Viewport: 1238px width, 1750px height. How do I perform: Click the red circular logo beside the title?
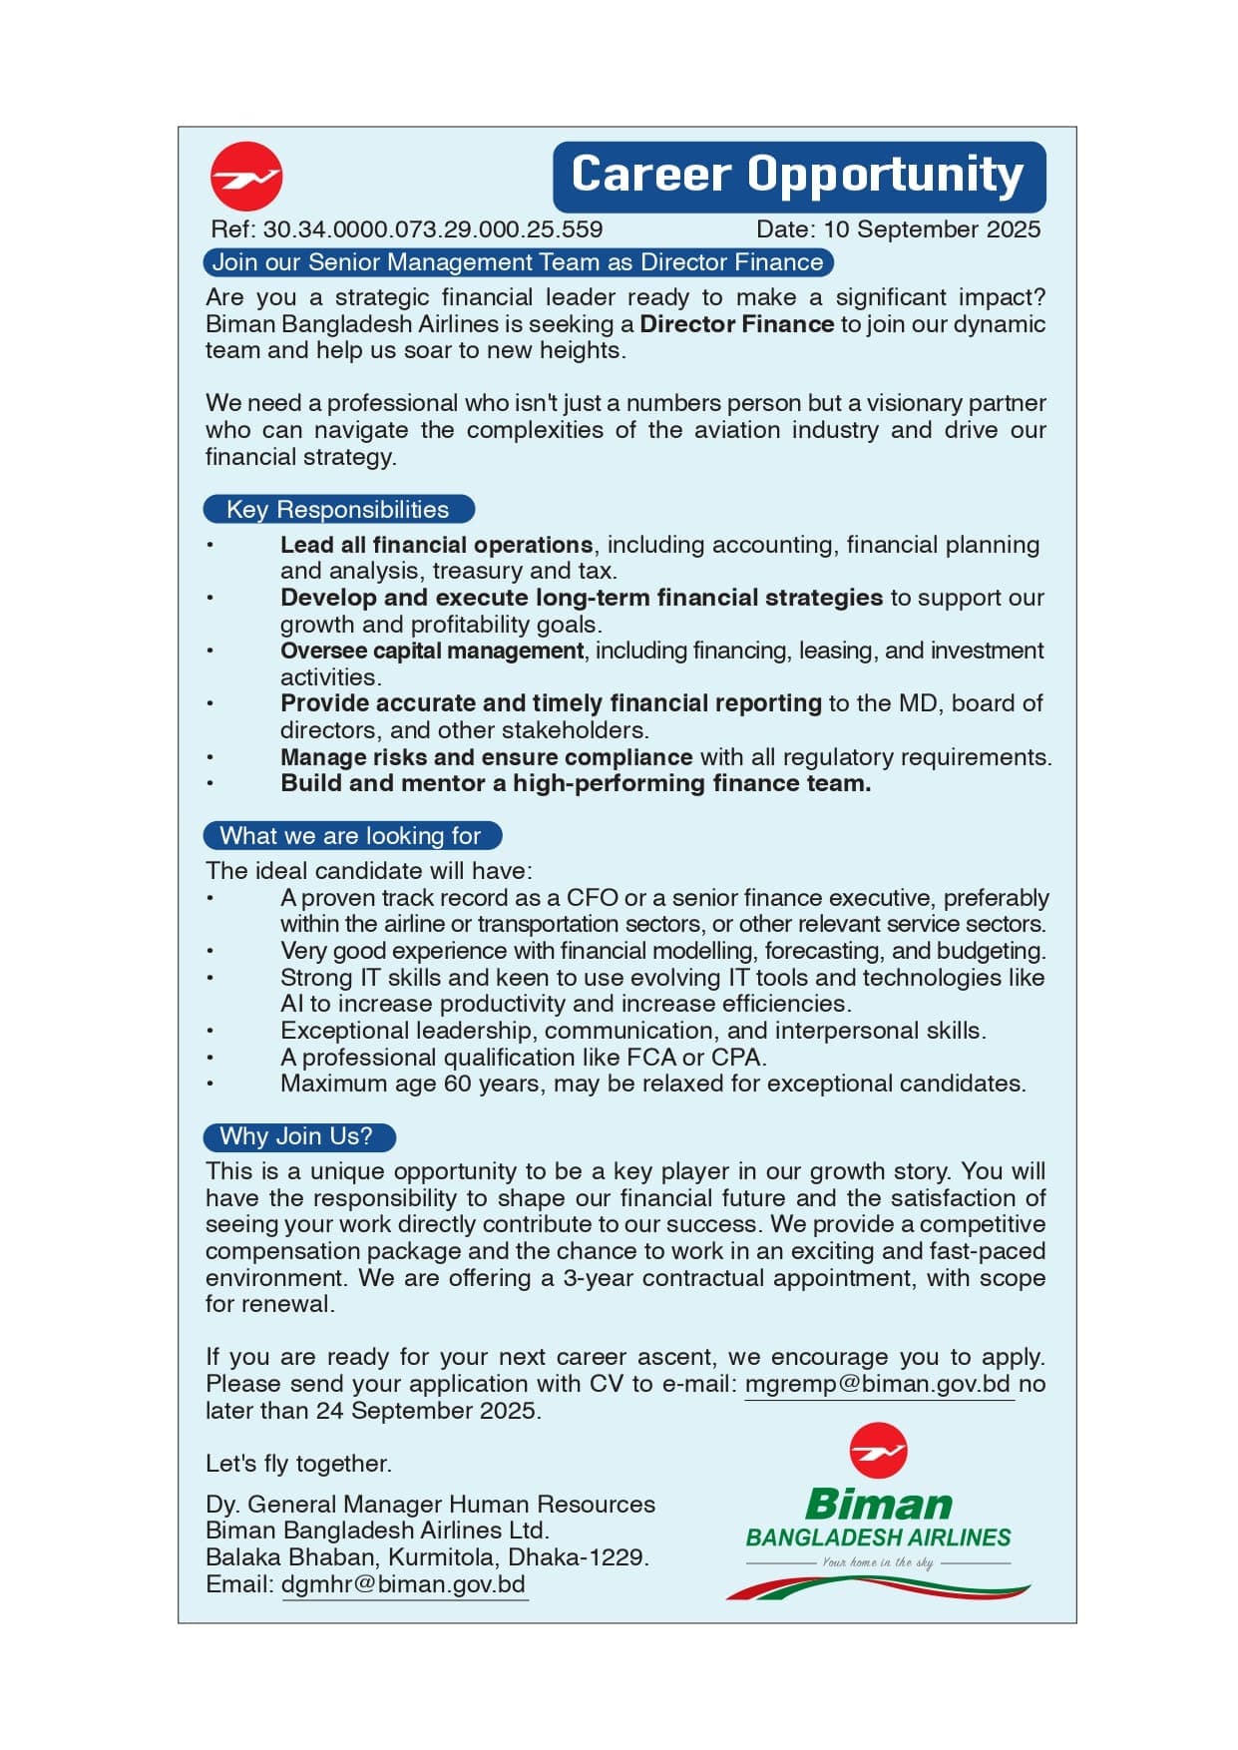[246, 177]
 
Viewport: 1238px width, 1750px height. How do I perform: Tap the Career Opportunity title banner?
[798, 176]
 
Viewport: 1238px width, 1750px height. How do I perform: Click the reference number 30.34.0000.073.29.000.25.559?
[433, 229]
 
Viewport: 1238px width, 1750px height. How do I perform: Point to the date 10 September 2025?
[932, 229]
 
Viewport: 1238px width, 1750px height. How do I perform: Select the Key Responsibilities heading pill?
[338, 510]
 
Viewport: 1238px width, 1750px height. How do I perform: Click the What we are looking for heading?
[350, 836]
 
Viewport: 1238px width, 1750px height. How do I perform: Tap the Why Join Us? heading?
[297, 1136]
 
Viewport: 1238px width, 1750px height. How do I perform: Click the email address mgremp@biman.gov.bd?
[878, 1384]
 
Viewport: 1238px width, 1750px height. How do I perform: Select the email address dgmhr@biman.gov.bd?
[403, 1584]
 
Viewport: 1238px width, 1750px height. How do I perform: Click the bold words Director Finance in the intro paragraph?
[736, 324]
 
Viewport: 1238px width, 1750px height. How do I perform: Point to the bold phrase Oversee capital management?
[432, 651]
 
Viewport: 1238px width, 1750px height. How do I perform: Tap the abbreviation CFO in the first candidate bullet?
[593, 898]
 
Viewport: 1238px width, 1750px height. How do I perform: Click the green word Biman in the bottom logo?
[878, 1504]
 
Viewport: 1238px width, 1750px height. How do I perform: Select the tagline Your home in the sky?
[878, 1562]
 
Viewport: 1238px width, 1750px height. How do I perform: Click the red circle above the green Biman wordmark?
[878, 1451]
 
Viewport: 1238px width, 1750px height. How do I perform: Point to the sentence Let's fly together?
[298, 1464]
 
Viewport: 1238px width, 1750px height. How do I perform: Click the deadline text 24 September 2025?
[428, 1411]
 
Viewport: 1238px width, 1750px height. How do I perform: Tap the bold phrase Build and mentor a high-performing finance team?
[576, 783]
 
